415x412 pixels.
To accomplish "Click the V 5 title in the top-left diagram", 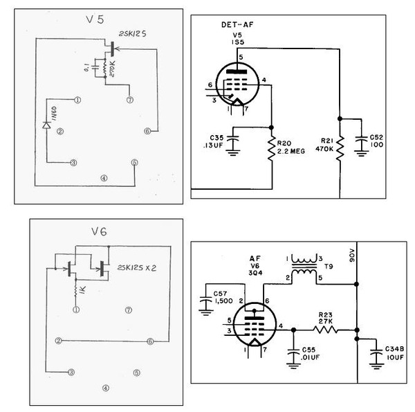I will tap(97, 20).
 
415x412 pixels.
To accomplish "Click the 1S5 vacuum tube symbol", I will tap(237, 88).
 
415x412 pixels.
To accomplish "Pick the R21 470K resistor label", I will tap(324, 146).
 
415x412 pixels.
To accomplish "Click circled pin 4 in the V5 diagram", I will tap(104, 177).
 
